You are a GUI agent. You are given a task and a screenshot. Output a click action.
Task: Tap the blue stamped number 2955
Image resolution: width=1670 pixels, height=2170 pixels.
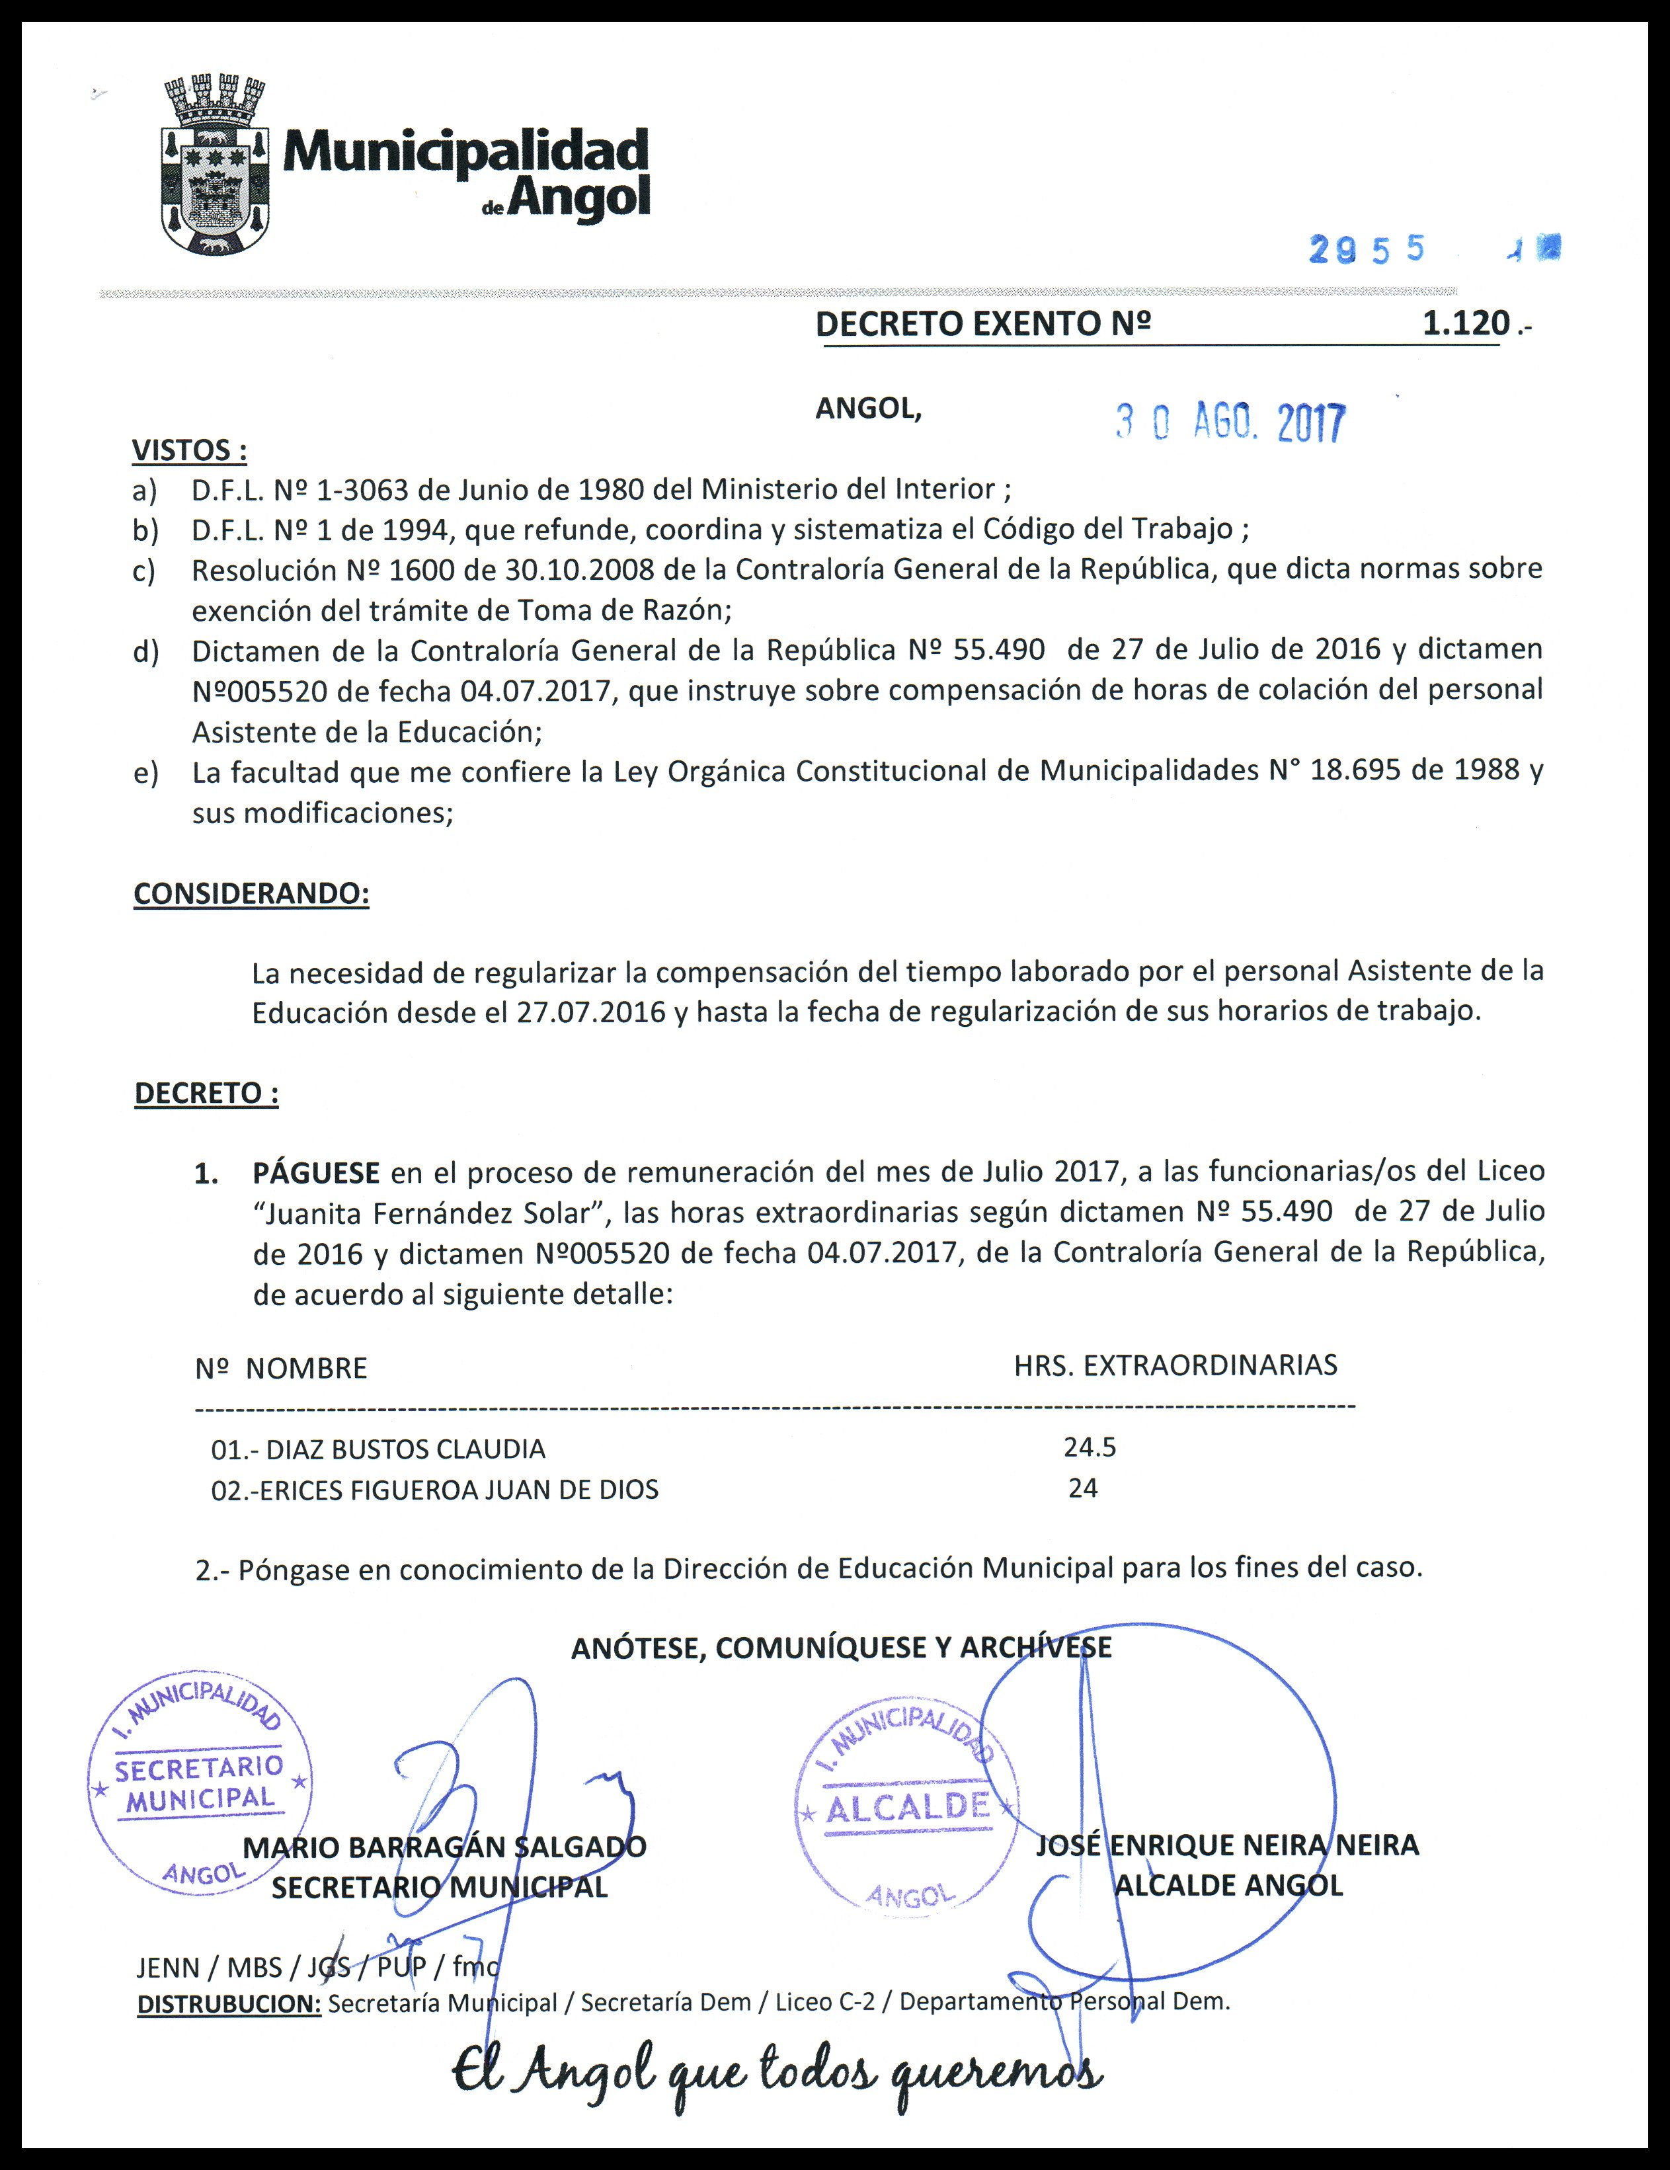(x=1367, y=249)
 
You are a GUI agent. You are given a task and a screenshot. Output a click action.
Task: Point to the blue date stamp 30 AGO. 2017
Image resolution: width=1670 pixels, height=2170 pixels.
(x=1230, y=423)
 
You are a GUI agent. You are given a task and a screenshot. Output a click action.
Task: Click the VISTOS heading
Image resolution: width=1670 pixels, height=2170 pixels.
(x=189, y=450)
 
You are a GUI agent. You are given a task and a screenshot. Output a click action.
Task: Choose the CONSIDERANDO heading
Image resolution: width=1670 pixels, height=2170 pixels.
(x=251, y=893)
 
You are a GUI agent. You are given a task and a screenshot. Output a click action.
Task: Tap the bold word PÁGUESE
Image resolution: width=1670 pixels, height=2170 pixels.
(x=316, y=1172)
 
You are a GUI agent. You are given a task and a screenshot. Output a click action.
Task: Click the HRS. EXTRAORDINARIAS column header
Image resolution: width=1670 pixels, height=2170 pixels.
(x=1175, y=1365)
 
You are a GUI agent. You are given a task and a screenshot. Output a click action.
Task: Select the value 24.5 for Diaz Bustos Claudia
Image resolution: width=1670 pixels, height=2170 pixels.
(x=1090, y=1447)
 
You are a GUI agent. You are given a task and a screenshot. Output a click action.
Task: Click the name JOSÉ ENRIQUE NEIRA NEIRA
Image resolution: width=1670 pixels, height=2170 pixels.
(x=1227, y=1845)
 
